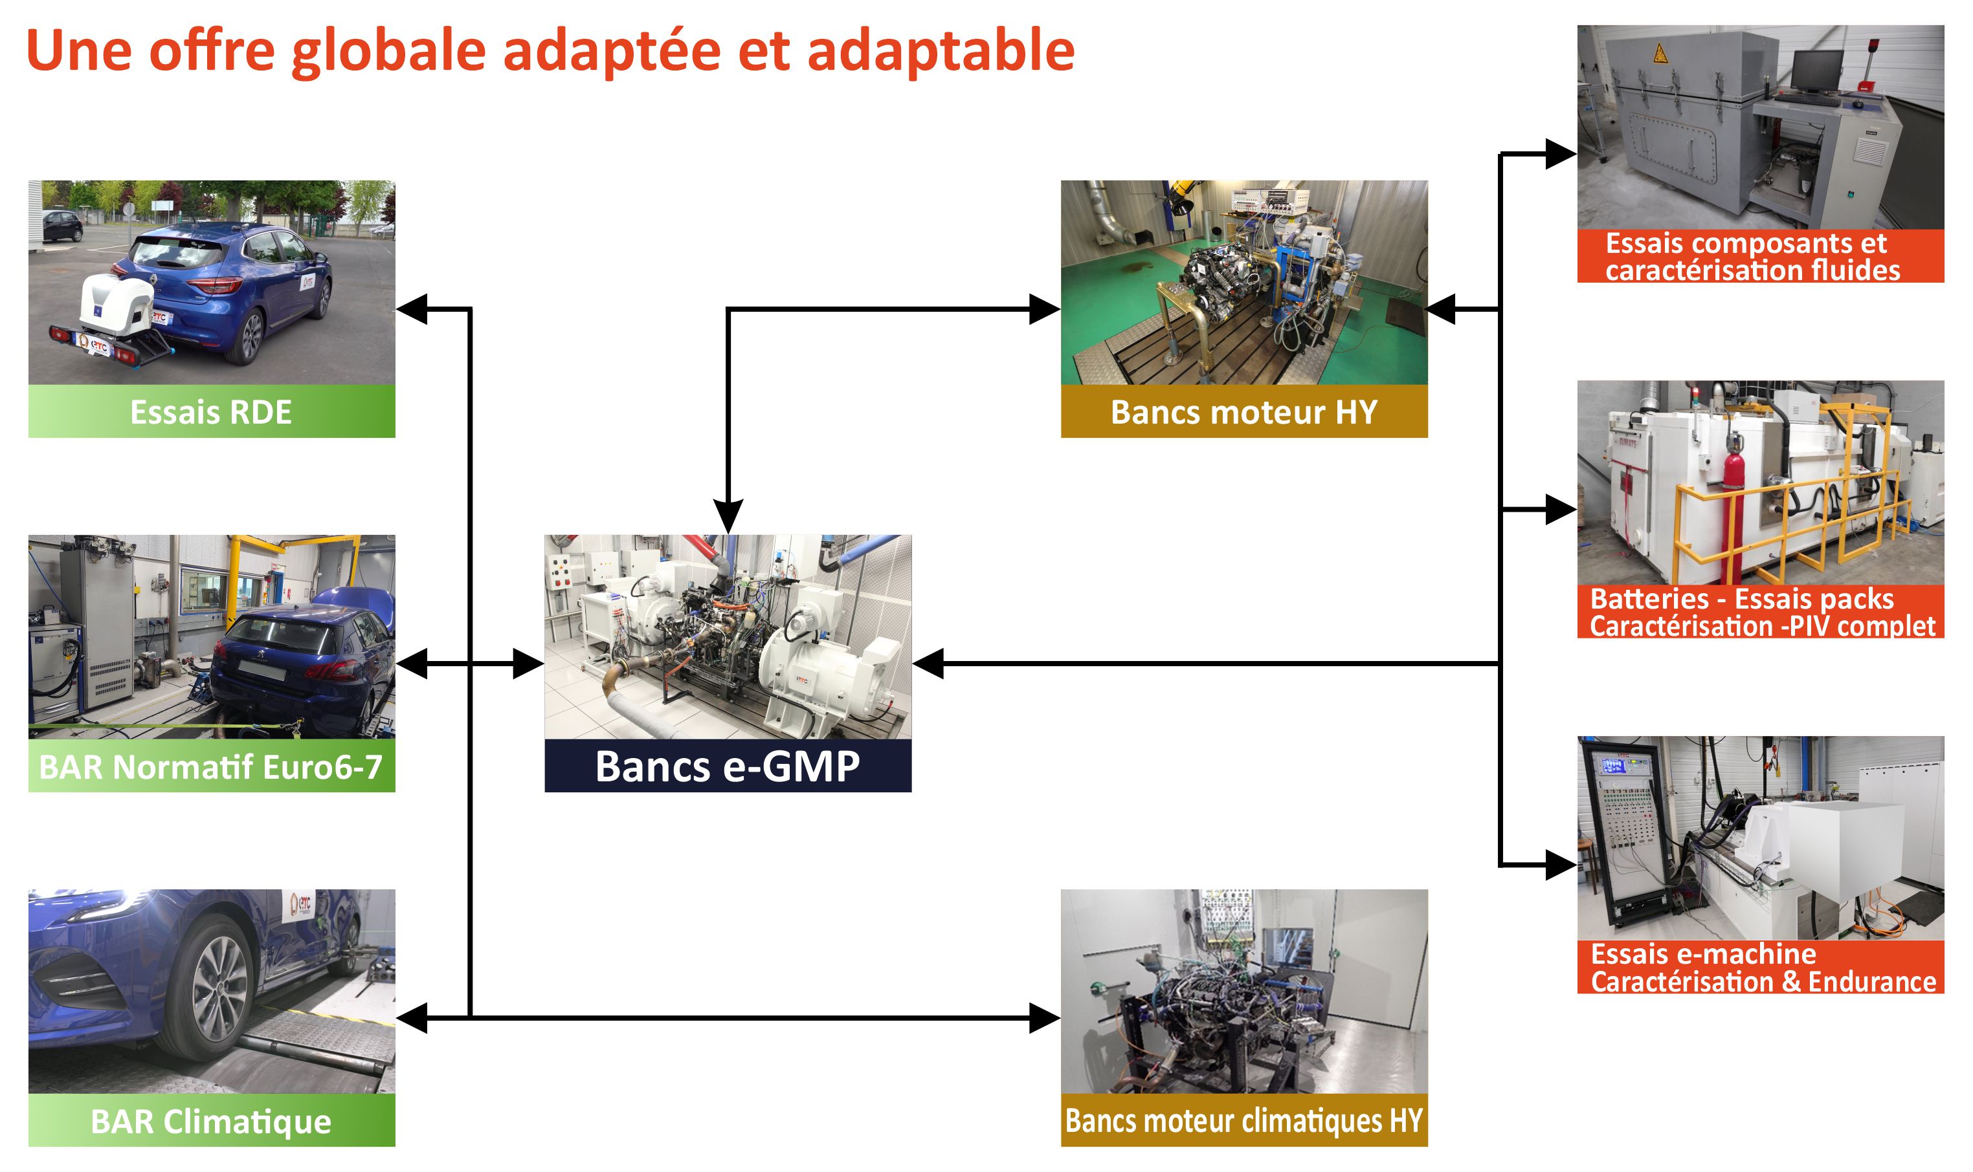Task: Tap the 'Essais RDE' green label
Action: pos(211,411)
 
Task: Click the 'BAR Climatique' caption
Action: pos(211,1121)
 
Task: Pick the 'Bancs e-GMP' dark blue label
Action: pos(727,766)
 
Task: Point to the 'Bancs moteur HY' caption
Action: pos(1243,411)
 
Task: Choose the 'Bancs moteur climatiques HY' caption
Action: pos(1243,1121)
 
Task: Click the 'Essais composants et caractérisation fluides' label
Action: pos(1759,256)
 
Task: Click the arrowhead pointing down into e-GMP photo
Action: pos(728,517)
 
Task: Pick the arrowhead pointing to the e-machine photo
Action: pos(1560,865)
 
